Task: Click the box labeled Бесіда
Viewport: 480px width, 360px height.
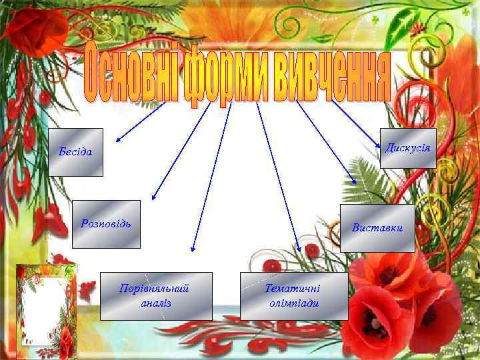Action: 76,152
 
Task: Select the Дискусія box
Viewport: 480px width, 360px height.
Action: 408,148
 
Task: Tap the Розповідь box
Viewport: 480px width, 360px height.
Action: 106,224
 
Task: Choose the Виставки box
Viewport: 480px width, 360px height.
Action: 377,228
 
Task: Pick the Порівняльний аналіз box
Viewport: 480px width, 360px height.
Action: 156,296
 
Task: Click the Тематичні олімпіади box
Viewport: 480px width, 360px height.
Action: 293,296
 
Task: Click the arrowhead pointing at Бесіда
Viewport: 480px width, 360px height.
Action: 118,141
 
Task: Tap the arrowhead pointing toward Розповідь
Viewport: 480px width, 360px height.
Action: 153,197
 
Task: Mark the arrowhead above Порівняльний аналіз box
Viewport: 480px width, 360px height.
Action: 192,250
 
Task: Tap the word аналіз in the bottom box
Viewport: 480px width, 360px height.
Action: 157,303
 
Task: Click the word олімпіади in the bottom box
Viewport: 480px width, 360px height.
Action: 293,303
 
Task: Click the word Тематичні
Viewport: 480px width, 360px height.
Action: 293,289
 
